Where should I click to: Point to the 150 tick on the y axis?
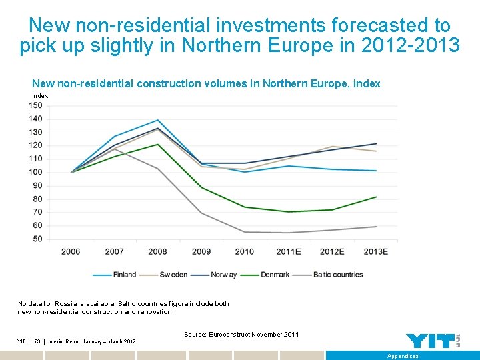[x=35, y=105]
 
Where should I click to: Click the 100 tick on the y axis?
[x=35, y=172]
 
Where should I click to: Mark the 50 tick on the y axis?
[x=37, y=239]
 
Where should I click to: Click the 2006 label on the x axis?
[x=71, y=251]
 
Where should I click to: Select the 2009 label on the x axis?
[x=201, y=251]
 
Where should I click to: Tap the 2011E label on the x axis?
[x=289, y=251]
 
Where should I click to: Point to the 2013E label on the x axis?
[x=376, y=251]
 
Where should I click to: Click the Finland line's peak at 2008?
[x=157, y=120]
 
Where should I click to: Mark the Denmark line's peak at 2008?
[x=157, y=144]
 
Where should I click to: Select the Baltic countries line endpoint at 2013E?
[x=376, y=227]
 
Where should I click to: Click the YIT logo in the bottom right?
[x=433, y=341]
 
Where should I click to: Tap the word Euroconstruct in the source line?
[x=229, y=334]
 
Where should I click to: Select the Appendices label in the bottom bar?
[x=403, y=356]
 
